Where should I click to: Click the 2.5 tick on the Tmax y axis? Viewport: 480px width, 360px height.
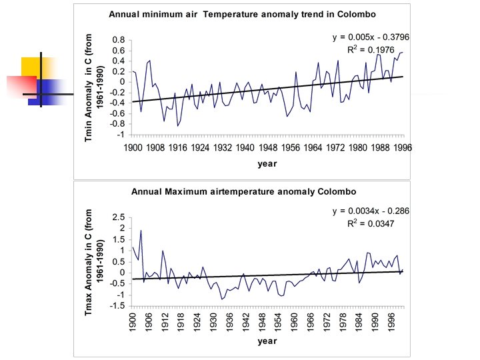(x=119, y=217)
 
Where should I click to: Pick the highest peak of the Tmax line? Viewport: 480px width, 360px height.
(x=141, y=231)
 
